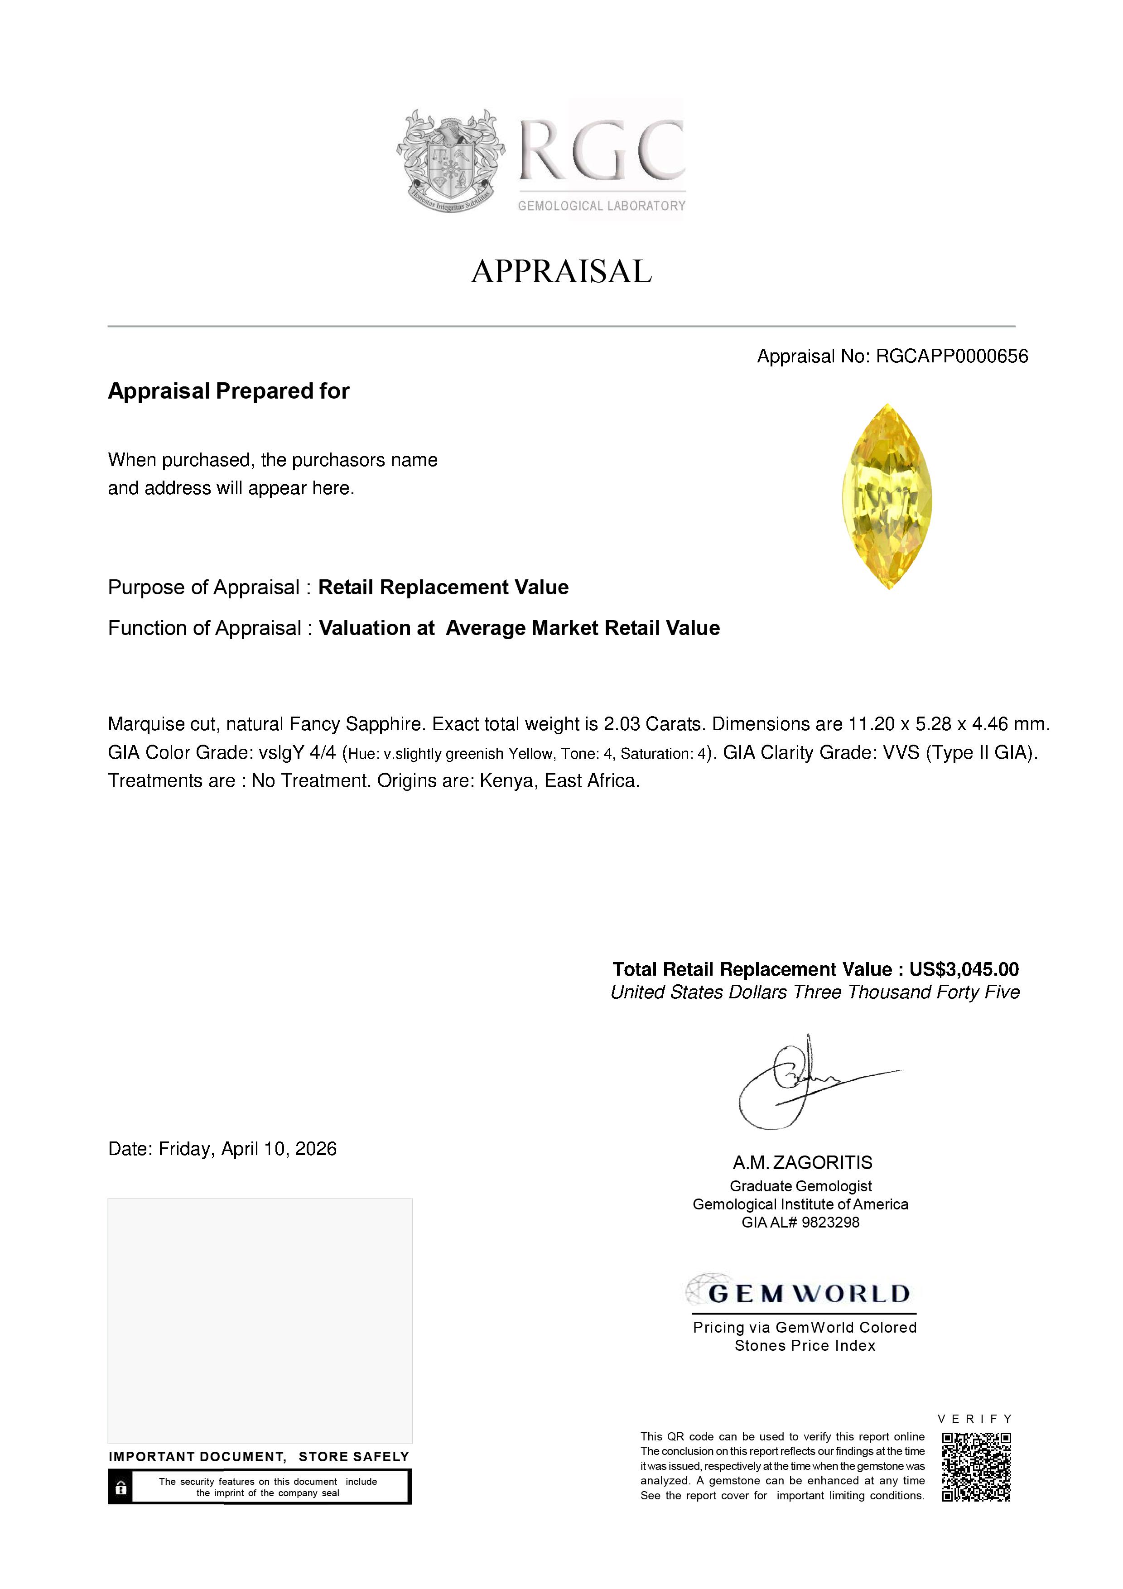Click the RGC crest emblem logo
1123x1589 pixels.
(x=450, y=160)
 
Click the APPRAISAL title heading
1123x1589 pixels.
(x=561, y=271)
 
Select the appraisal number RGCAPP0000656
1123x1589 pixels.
(x=951, y=356)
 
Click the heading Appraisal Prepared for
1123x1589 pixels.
(x=228, y=391)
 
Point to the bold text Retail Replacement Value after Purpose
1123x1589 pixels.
(x=443, y=587)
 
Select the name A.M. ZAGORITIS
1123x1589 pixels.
(x=803, y=1163)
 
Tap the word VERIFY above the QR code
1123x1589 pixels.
(x=974, y=1419)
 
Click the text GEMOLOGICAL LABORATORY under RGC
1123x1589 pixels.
(x=601, y=206)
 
